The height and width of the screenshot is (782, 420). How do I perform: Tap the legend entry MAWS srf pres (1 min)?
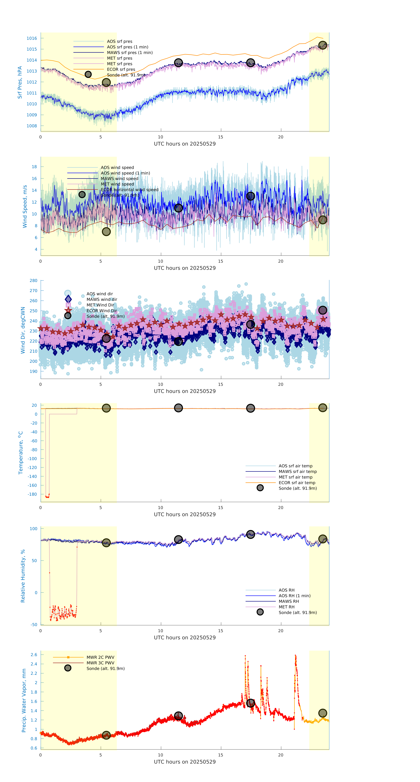130,53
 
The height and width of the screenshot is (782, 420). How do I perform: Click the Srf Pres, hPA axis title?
20,82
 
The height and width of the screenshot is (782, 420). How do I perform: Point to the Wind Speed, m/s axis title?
25,206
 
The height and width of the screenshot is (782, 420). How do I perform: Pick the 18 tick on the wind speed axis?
34,167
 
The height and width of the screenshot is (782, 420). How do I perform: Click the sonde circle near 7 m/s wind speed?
106,232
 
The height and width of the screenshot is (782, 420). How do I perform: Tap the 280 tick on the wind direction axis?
33,281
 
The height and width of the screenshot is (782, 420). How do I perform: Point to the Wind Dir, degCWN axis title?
23,330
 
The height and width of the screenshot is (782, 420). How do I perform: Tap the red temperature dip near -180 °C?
47,497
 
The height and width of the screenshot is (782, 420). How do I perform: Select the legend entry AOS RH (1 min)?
294,596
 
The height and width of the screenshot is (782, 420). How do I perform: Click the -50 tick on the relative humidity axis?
34,624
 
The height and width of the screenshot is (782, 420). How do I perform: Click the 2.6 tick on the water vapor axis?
34,654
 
